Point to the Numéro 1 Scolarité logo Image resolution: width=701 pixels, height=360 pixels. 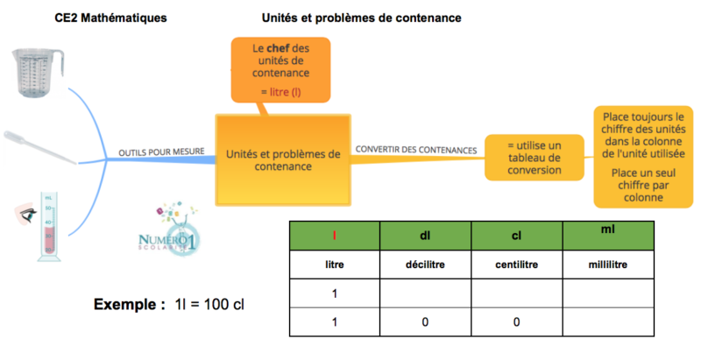(x=170, y=231)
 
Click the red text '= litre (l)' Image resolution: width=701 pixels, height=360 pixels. (x=280, y=91)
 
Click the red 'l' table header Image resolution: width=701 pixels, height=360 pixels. (x=334, y=235)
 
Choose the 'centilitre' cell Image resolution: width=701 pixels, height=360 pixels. (x=516, y=264)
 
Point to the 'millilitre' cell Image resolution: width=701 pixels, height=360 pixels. (x=607, y=264)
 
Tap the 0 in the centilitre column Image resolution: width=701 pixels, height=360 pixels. (x=516, y=322)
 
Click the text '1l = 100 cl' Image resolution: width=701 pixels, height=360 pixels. (x=209, y=305)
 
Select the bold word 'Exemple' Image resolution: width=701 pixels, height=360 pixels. (x=129, y=305)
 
